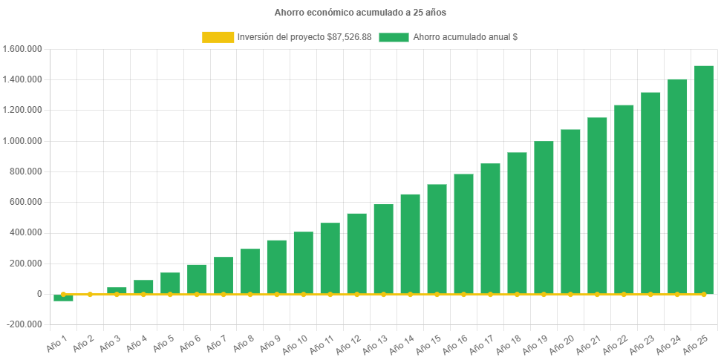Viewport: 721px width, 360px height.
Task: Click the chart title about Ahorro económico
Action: (x=360, y=13)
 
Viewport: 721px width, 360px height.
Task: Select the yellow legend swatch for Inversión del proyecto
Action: (x=217, y=37)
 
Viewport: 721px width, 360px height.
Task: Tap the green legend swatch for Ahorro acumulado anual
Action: (x=394, y=37)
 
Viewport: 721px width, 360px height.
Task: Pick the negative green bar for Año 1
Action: (x=63, y=298)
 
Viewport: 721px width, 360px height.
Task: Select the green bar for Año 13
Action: (x=383, y=249)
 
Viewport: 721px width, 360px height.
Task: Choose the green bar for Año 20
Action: (x=570, y=212)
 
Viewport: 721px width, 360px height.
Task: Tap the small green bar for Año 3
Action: (x=117, y=290)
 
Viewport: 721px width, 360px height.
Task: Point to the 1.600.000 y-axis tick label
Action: (x=22, y=49)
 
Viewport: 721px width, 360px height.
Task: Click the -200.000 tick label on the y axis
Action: (x=24, y=324)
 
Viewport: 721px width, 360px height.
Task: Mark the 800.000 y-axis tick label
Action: (x=26, y=171)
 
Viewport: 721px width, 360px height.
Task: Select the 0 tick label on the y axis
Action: (x=39, y=294)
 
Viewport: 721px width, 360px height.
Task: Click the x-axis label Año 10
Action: (x=296, y=343)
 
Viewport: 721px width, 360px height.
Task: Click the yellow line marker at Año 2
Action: (x=90, y=295)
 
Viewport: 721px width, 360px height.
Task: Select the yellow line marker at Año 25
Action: (x=703, y=295)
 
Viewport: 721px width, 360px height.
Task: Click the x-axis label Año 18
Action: (x=510, y=343)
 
